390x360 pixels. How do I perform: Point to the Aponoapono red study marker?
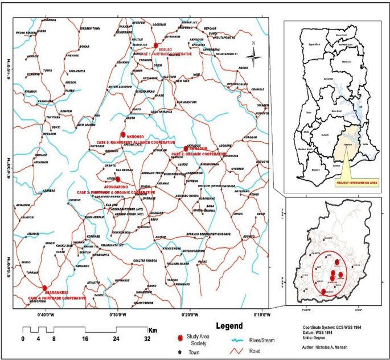click(x=117, y=180)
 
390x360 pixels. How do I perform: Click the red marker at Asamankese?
click(x=44, y=288)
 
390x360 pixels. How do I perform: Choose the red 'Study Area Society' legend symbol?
click(x=180, y=338)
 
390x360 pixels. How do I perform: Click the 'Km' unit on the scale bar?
click(x=152, y=329)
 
